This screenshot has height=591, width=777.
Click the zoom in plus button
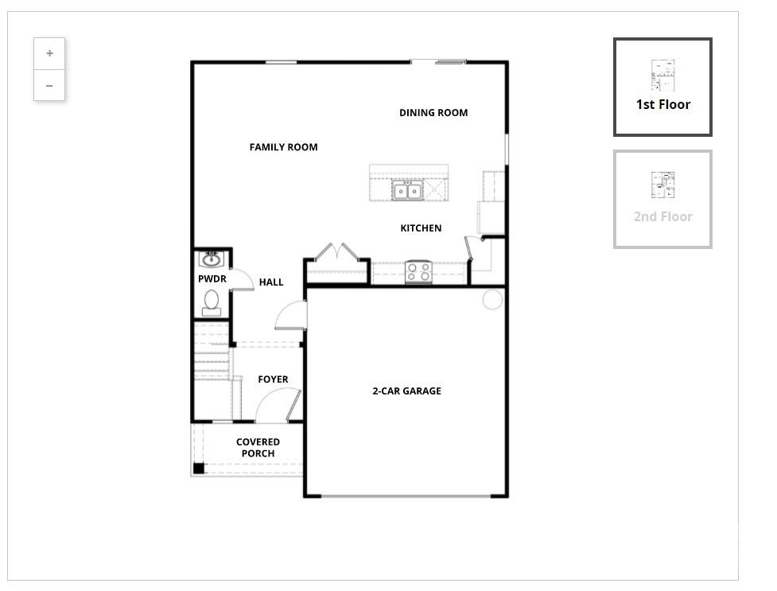point(49,53)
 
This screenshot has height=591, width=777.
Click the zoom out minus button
point(49,85)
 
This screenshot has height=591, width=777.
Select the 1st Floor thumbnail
point(662,87)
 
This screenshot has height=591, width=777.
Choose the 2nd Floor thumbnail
point(662,199)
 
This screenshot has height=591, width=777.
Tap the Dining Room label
point(433,112)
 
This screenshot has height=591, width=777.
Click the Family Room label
point(283,147)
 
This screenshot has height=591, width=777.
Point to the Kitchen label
point(421,228)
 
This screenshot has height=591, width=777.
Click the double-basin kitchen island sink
point(407,190)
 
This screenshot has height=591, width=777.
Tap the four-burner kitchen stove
point(419,272)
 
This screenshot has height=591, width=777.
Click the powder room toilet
point(212,302)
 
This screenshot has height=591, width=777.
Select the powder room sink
point(212,259)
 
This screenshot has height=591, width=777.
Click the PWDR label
point(212,278)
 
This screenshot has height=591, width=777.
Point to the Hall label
point(271,282)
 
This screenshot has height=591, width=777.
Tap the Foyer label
point(273,379)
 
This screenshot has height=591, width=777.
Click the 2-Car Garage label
point(407,391)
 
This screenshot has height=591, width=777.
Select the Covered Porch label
point(258,447)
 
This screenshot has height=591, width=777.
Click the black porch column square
point(199,468)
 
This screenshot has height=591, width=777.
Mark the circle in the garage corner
point(492,299)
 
